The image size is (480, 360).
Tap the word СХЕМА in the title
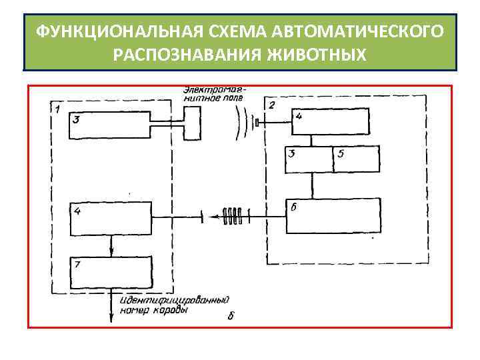(x=221, y=31)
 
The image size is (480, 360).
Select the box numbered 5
(x=355, y=159)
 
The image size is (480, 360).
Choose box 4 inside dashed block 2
(x=328, y=122)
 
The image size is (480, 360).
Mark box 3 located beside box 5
(x=309, y=159)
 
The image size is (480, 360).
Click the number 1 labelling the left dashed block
(x=59, y=108)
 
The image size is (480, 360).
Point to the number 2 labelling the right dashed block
(x=271, y=105)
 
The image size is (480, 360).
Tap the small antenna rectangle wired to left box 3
(x=193, y=124)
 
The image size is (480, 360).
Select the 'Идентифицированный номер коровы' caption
(x=175, y=305)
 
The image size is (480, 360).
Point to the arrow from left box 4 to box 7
(x=111, y=247)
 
